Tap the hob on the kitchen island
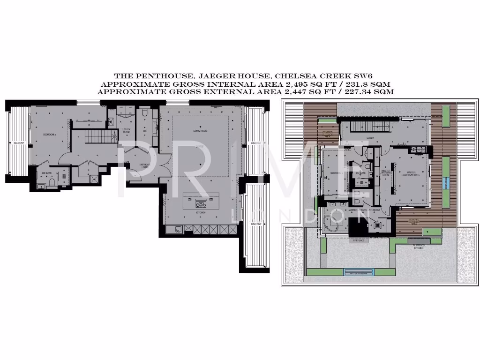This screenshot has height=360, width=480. pos(201,203)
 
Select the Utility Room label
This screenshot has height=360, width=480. pos(127,131)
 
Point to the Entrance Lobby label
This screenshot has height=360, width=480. pos(144,165)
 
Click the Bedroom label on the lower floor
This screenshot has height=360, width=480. pos(50,135)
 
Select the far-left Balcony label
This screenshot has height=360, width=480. pos(19,142)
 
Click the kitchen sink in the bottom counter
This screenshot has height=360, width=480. pos(177,229)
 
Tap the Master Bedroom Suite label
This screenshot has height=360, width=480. pos(410,173)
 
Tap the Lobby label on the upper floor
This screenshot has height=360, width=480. pos(370,138)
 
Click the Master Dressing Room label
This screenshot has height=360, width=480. pos(385,173)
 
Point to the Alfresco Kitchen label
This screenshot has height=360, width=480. pos(419,246)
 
